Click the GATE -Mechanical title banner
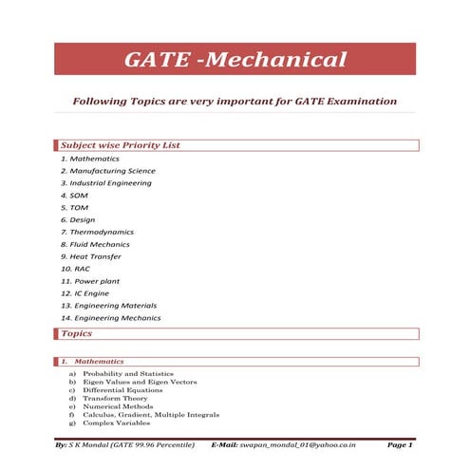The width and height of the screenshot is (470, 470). pos(235,61)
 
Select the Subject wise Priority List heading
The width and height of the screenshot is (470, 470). pos(120,145)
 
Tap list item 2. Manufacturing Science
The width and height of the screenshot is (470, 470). pos(107,171)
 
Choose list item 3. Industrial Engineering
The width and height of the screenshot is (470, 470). pos(105,182)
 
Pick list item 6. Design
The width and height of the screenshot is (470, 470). pos(77,219)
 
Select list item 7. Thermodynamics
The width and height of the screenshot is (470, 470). pos(96,232)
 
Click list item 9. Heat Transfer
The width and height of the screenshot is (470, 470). pos(90,256)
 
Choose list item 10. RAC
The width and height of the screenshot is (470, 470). pos(75,269)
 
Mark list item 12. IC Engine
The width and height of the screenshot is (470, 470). pos(86,293)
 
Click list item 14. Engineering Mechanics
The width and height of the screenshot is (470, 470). pos(110,318)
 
